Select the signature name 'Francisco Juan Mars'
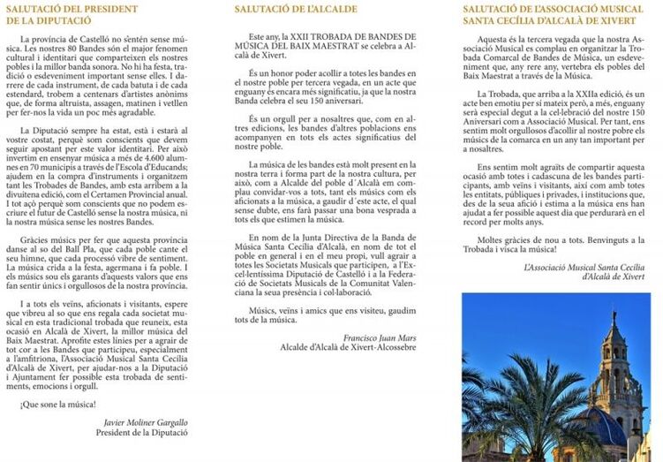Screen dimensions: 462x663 click(381, 337)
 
